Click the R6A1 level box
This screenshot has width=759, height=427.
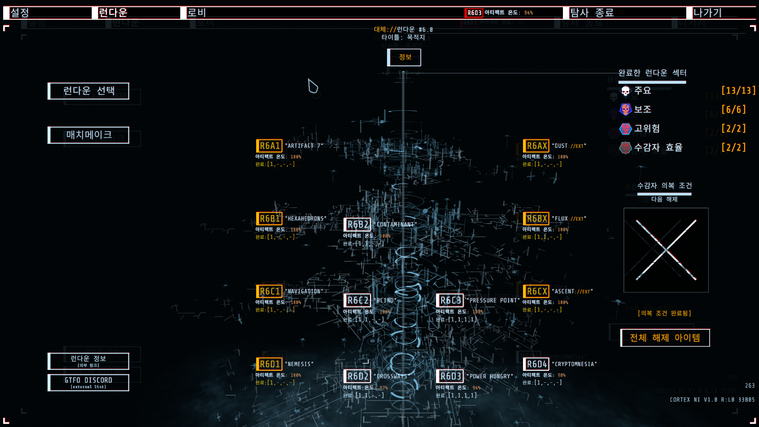pyautogui.click(x=269, y=146)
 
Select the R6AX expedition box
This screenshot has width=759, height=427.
pyautogui.click(x=536, y=146)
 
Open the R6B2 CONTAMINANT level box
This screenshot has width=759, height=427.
pyautogui.click(x=357, y=225)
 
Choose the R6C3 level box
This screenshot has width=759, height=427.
pyautogui.click(x=450, y=300)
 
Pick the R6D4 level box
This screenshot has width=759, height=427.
pyautogui.click(x=536, y=364)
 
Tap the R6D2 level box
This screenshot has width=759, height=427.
pyautogui.click(x=357, y=376)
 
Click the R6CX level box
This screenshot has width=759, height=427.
pyautogui.click(x=536, y=291)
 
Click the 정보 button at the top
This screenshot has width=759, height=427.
pyautogui.click(x=404, y=57)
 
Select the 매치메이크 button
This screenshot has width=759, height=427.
pyautogui.click(x=89, y=135)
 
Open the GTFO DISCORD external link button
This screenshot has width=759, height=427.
pyautogui.click(x=89, y=382)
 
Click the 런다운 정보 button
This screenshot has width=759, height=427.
pyautogui.click(x=89, y=361)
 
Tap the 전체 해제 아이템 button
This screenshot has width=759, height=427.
pyautogui.click(x=665, y=338)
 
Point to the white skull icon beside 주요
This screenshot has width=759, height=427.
pyautogui.click(x=625, y=91)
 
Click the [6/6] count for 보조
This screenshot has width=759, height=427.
pyautogui.click(x=733, y=110)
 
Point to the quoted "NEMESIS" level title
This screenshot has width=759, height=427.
pyautogui.click(x=299, y=364)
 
